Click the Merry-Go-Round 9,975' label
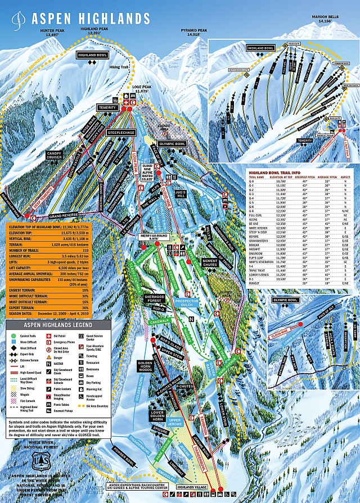click(x=152, y=236)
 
